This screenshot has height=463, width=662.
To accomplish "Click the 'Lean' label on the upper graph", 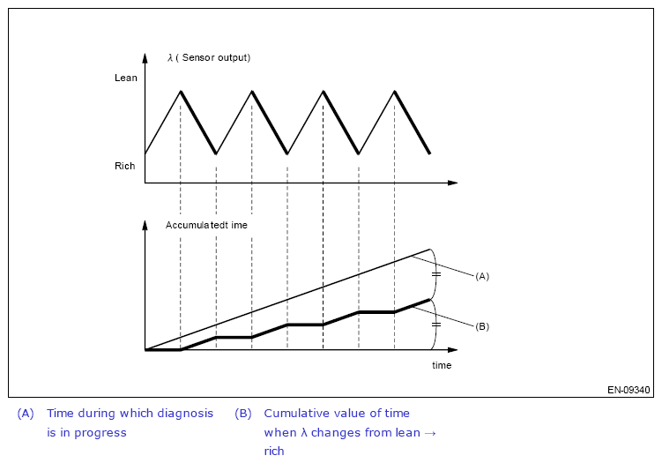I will [x=126, y=78].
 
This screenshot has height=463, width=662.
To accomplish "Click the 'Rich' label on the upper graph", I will [x=125, y=166].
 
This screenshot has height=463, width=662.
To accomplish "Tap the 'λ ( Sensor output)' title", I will [x=209, y=58].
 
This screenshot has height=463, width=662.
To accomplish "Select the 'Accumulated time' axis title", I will [x=206, y=225].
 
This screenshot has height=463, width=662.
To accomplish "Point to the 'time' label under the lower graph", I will [x=442, y=365].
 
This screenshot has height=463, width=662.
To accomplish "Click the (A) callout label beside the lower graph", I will [x=481, y=276].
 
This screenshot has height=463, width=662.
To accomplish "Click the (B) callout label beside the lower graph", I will [x=481, y=326].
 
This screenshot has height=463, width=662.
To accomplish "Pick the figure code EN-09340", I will [x=629, y=389].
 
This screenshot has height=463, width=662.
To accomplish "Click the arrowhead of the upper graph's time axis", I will [x=453, y=183].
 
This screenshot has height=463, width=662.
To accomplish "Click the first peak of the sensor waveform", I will [x=181, y=91].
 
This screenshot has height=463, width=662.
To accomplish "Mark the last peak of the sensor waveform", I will [x=394, y=91].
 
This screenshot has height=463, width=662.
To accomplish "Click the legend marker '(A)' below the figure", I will [x=26, y=414].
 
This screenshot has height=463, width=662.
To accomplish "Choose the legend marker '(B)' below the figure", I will [x=243, y=414].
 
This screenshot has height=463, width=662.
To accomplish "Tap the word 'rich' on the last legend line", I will [x=274, y=452].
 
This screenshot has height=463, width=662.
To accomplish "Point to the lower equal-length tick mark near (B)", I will [x=435, y=325].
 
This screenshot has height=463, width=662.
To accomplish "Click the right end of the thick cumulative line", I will [x=429, y=300].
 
